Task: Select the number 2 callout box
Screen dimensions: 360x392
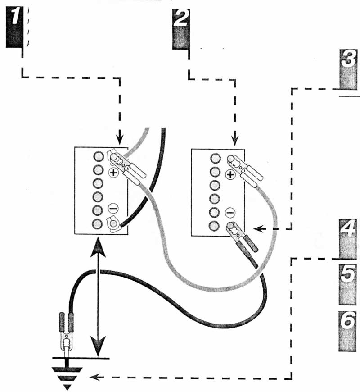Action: [181, 29]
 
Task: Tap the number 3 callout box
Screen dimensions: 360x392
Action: [348, 69]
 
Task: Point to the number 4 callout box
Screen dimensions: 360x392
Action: [347, 239]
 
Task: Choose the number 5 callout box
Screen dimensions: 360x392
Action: [347, 284]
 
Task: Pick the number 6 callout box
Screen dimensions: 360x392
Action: [347, 331]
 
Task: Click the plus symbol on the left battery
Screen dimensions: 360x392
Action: [113, 172]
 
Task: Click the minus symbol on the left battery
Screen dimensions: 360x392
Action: [113, 208]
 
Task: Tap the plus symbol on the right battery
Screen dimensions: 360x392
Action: [230, 174]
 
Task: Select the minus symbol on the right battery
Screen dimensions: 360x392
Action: [230, 213]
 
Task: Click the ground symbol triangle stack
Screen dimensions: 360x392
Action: [67, 377]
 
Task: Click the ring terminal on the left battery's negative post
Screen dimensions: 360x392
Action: [113, 224]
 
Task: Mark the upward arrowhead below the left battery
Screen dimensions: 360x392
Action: [98, 247]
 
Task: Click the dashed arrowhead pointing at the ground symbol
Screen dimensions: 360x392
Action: [94, 377]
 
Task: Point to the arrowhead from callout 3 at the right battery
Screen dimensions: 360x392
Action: [258, 228]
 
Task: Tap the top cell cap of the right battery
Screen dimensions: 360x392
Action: [215, 158]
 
